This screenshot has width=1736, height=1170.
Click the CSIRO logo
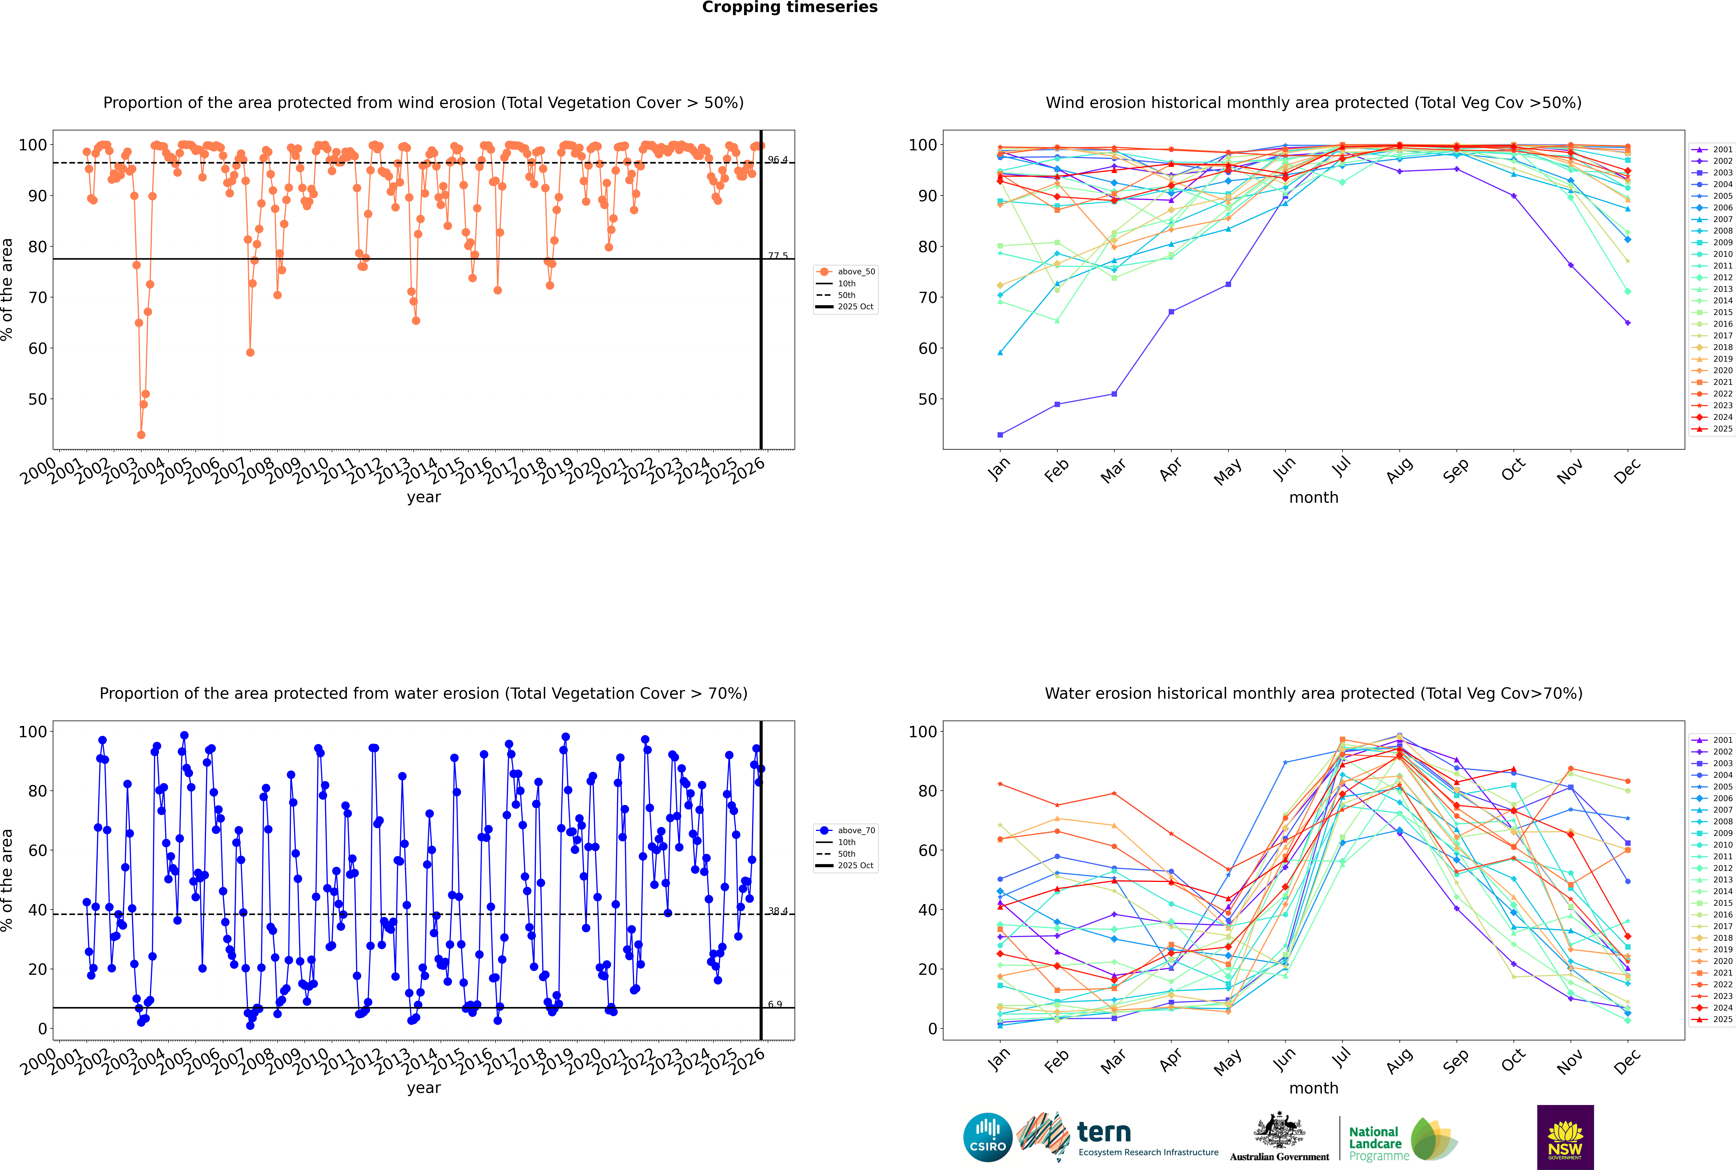click(x=987, y=1137)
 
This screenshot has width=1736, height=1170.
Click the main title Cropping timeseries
click(x=790, y=7)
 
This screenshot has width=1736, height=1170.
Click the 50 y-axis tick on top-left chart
click(x=37, y=399)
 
